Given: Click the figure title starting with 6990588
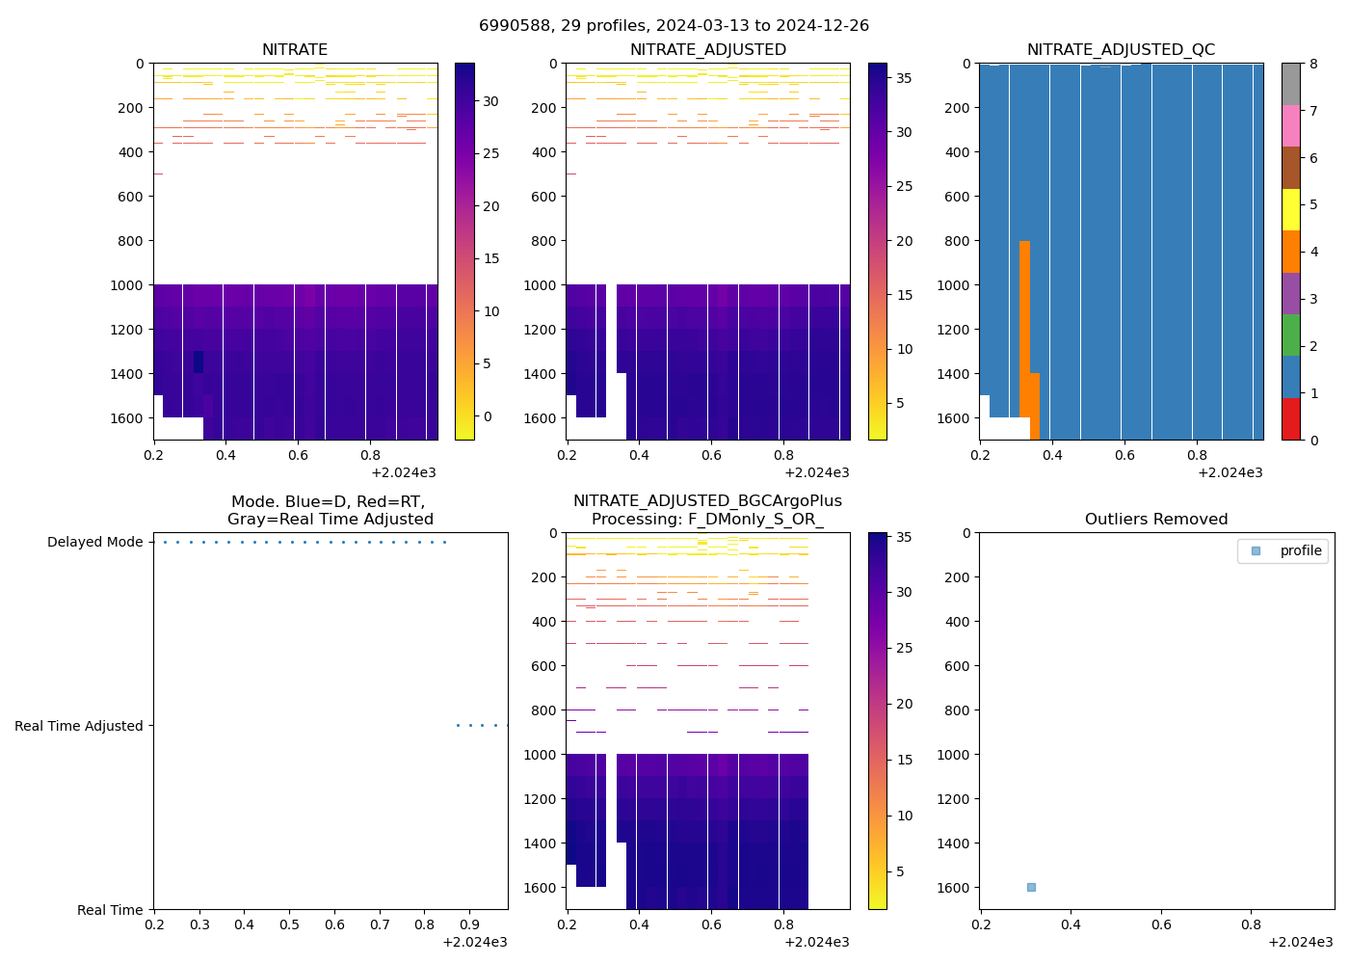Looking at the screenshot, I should pyautogui.click(x=674, y=26).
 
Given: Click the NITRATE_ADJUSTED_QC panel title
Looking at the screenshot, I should pyautogui.click(x=1121, y=50).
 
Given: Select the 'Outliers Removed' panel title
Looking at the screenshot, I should pyautogui.click(x=1156, y=520).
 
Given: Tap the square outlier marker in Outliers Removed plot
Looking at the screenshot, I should pyautogui.click(x=1031, y=887).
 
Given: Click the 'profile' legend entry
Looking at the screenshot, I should pyautogui.click(x=1300, y=550).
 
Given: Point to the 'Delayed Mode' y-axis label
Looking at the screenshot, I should pyautogui.click(x=94, y=543).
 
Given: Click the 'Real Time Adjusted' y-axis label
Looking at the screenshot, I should pyautogui.click(x=78, y=726).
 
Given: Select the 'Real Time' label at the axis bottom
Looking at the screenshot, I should pyautogui.click(x=110, y=910).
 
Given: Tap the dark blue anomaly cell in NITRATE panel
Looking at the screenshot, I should pyautogui.click(x=198, y=361).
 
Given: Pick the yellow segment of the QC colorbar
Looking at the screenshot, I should pyautogui.click(x=1291, y=209).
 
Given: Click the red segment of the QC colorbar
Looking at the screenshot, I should pyautogui.click(x=1291, y=419).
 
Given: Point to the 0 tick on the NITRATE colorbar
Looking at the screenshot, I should pyautogui.click(x=487, y=416).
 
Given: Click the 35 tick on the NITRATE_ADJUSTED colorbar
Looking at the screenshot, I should pyautogui.click(x=904, y=79).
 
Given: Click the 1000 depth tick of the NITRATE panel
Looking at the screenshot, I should pyautogui.click(x=132, y=285).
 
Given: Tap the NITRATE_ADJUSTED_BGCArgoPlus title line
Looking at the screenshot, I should pyautogui.click(x=707, y=501).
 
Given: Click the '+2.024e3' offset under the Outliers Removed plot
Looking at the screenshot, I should pyautogui.click(x=1300, y=942).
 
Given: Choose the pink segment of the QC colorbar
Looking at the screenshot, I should pyautogui.click(x=1291, y=125).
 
